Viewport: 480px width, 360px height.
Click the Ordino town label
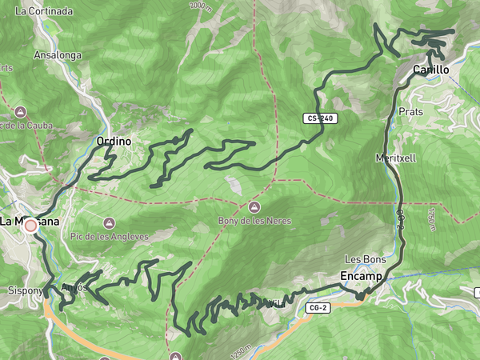click(113, 141)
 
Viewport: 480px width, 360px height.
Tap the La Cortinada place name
click(44, 11)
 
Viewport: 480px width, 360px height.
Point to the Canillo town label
click(430, 70)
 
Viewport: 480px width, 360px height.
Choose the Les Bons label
click(365, 259)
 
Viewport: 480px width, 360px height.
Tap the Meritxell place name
click(395, 158)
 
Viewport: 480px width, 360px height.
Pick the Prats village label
click(410, 112)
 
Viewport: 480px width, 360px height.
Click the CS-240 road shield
click(321, 118)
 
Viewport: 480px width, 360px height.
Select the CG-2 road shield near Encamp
click(318, 306)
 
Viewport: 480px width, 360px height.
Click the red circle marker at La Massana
click(31, 226)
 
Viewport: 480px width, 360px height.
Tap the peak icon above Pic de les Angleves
click(110, 222)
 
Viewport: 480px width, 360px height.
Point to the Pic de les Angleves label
click(110, 237)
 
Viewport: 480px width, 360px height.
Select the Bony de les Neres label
click(254, 220)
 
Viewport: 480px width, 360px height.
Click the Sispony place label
click(23, 290)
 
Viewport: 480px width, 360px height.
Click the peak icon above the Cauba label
click(20, 110)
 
